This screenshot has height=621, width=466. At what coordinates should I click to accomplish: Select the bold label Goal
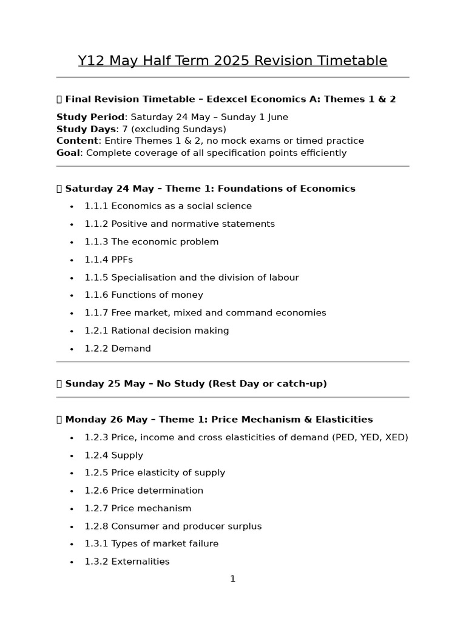click(68, 153)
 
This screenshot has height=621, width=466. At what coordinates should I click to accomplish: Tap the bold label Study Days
click(86, 129)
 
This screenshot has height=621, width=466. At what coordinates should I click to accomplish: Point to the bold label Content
click(77, 141)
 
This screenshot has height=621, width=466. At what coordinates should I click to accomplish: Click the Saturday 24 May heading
click(209, 189)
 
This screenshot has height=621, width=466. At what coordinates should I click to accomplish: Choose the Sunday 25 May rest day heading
click(195, 384)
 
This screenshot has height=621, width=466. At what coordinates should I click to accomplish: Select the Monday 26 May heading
click(218, 420)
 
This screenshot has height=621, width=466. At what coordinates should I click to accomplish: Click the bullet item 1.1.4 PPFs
click(109, 260)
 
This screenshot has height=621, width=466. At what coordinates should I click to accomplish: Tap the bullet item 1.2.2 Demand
click(118, 349)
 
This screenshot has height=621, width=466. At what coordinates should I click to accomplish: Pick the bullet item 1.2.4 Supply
click(114, 455)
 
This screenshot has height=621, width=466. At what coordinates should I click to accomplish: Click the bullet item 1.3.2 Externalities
click(127, 562)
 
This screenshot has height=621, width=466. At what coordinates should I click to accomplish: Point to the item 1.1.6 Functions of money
click(144, 295)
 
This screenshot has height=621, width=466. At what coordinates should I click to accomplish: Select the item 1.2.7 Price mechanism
click(138, 508)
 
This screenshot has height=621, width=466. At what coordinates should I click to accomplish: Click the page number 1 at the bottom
click(232, 579)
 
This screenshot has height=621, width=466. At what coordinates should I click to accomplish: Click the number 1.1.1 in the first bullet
click(96, 206)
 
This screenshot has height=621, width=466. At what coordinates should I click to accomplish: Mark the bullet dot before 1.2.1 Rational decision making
click(72, 331)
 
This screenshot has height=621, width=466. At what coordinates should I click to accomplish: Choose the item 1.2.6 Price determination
click(144, 491)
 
